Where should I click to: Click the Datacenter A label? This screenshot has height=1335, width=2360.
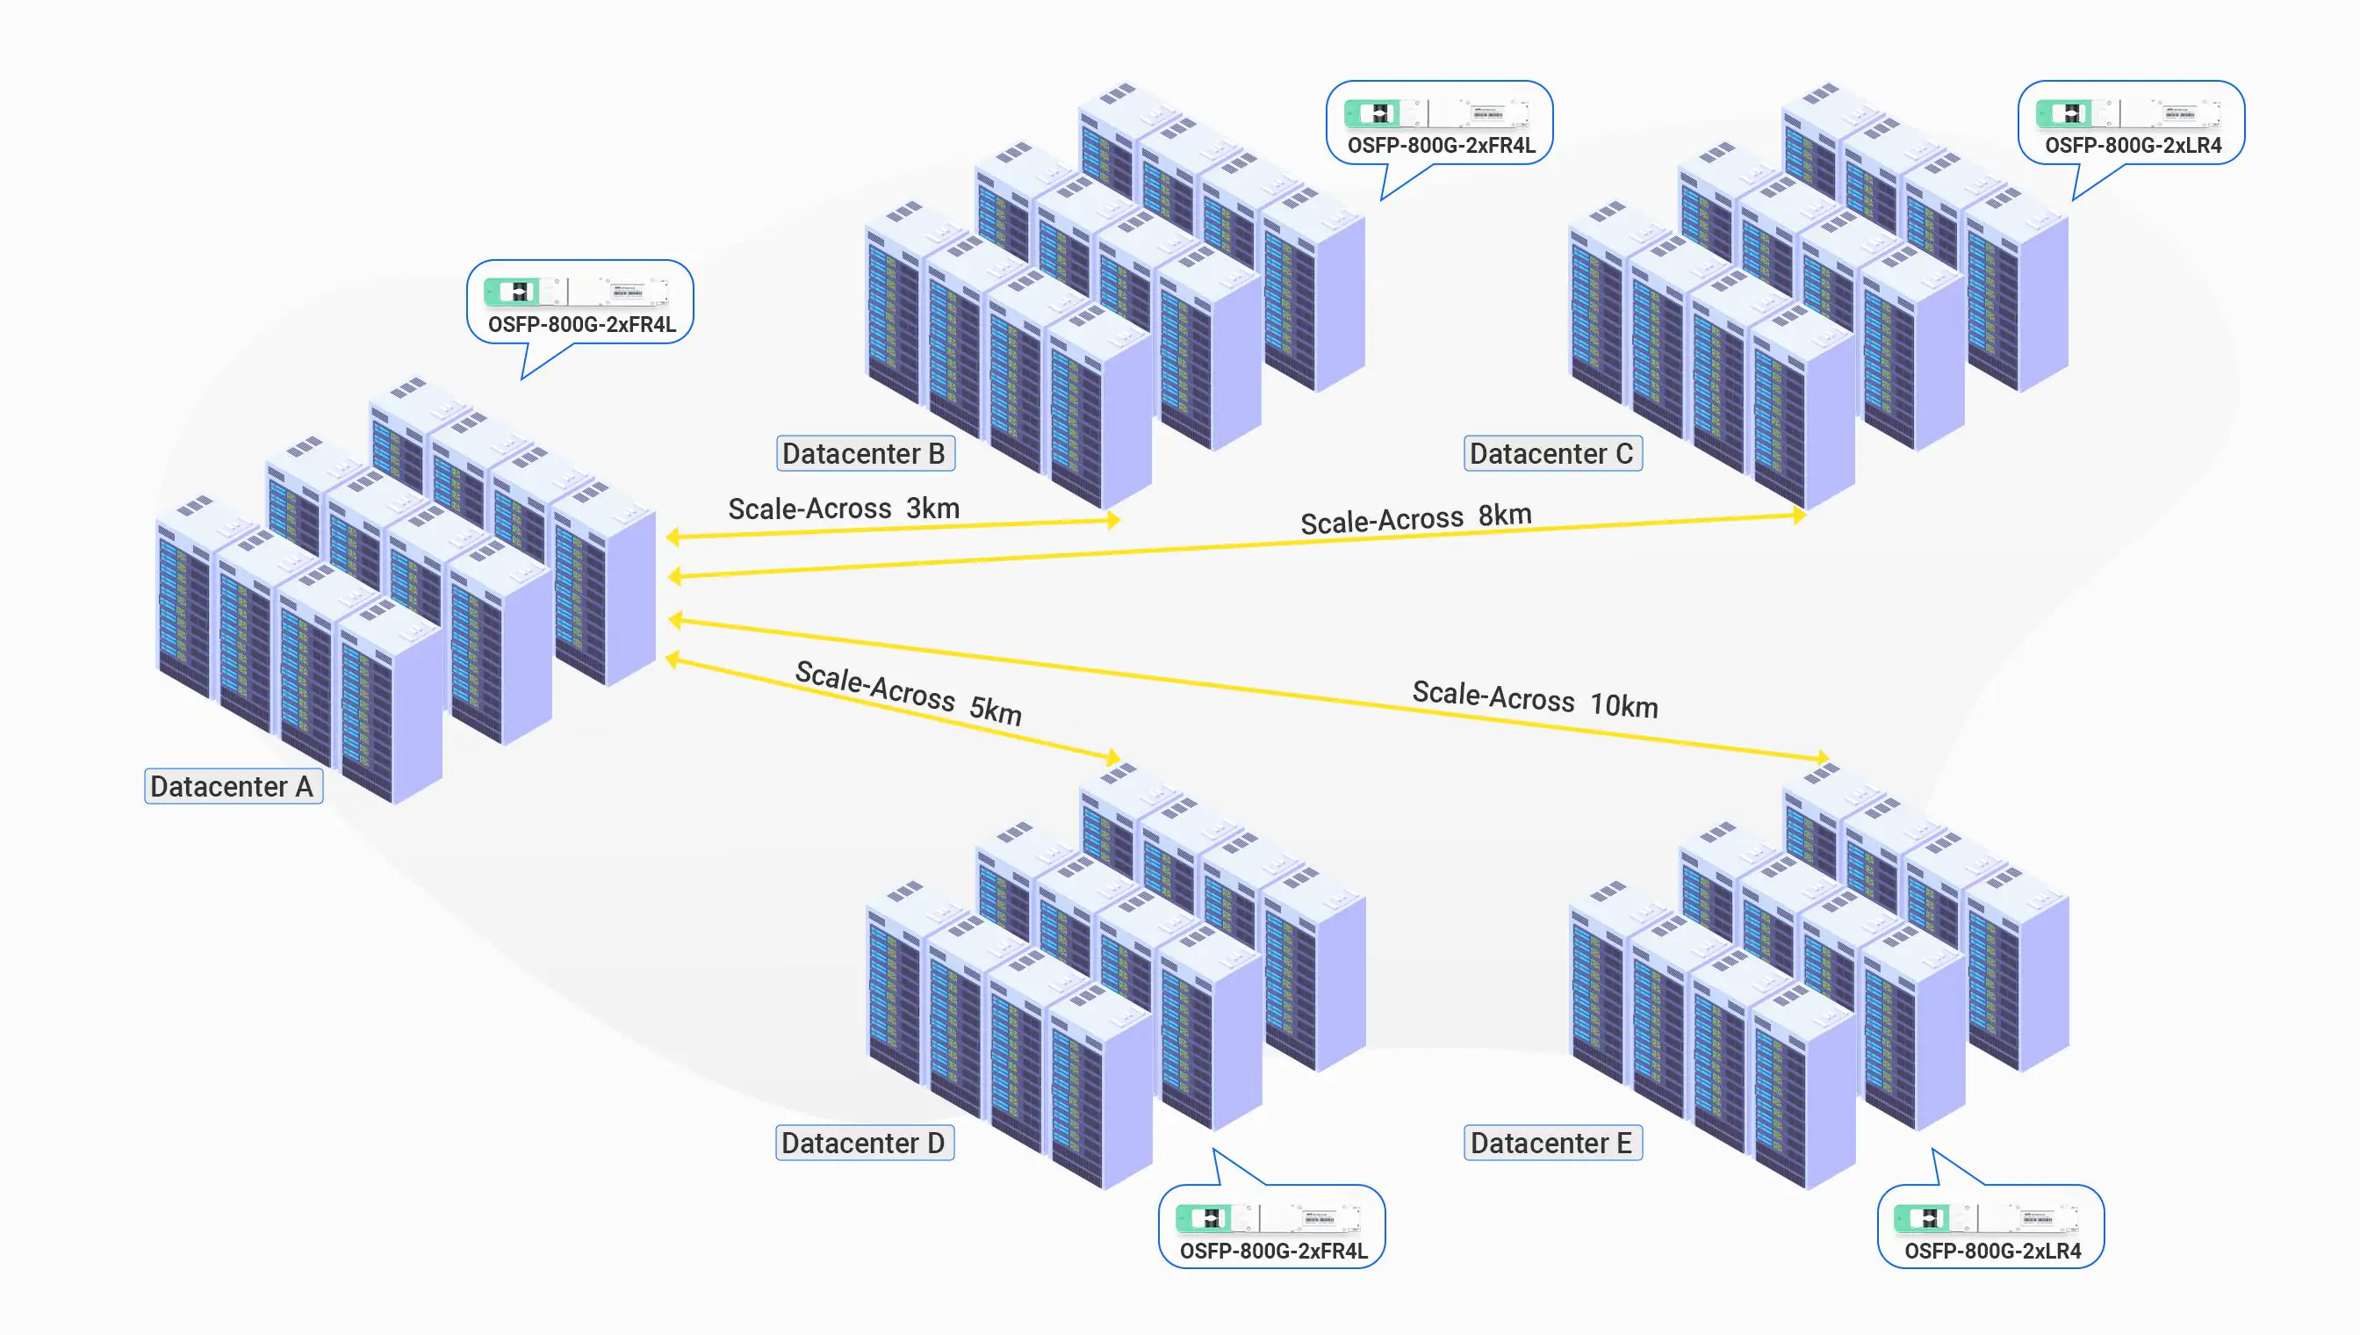[x=233, y=787]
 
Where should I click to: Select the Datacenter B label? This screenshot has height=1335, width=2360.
[x=864, y=454]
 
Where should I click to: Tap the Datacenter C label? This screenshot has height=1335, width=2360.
[x=1551, y=454]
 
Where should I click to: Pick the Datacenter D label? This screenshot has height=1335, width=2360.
[x=863, y=1144]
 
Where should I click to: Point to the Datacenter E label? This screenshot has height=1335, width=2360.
[x=1551, y=1144]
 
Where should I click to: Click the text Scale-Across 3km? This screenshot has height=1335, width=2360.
[x=843, y=509]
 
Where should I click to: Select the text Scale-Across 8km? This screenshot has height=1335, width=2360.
[x=1416, y=519]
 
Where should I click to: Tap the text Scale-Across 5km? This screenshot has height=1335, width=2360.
[x=907, y=693]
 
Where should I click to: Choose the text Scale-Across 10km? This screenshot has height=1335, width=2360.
[x=1536, y=700]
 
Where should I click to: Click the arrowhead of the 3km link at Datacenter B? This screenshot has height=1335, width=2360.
[x=1113, y=521]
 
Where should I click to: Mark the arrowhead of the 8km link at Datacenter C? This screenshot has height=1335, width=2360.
[x=1799, y=516]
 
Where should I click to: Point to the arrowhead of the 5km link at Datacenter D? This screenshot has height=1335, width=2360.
[x=1112, y=757]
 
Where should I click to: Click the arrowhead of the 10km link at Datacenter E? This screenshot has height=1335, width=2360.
[x=1823, y=757]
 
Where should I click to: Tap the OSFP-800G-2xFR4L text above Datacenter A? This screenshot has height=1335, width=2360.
[x=582, y=325]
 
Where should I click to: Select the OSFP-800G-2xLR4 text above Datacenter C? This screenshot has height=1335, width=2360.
[x=2133, y=146]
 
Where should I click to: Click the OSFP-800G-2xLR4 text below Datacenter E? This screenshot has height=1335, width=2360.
[x=1992, y=1252]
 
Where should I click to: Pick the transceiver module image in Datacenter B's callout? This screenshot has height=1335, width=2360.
[x=1436, y=113]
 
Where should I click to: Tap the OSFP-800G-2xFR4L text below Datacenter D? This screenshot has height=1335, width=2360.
[x=1273, y=1252]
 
